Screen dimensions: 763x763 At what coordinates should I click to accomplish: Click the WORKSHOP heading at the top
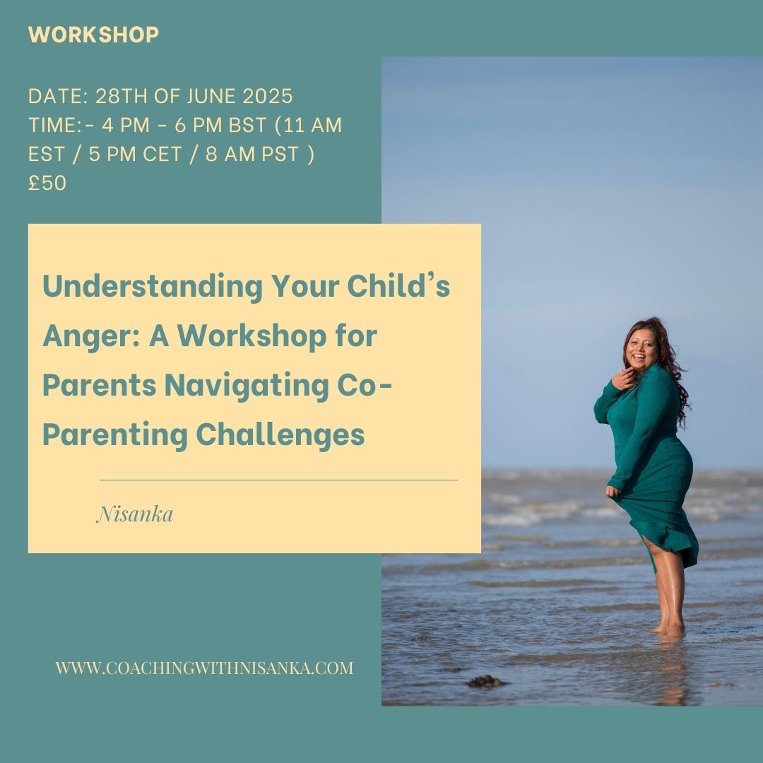click(x=93, y=35)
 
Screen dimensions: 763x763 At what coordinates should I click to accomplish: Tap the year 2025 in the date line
click(x=268, y=96)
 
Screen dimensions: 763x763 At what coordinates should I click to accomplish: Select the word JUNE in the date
click(x=211, y=96)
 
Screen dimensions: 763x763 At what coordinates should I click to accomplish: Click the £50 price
click(x=47, y=183)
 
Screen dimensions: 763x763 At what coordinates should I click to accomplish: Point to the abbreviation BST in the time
click(x=247, y=125)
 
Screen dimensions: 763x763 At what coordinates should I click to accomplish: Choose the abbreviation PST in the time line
click(x=280, y=154)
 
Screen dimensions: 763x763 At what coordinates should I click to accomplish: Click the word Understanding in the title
click(x=153, y=287)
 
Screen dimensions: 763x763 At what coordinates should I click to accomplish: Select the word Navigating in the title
click(x=247, y=386)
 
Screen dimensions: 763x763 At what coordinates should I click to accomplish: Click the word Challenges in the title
click(x=280, y=435)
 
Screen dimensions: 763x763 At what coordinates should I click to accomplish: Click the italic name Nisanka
click(x=135, y=514)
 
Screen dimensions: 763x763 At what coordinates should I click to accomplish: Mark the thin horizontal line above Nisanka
click(x=279, y=480)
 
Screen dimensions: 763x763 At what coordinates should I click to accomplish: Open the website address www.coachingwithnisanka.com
click(x=204, y=668)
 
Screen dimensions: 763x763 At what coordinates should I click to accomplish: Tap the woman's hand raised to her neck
click(x=624, y=379)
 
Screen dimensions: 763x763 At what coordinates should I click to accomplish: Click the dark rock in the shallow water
click(x=485, y=681)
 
